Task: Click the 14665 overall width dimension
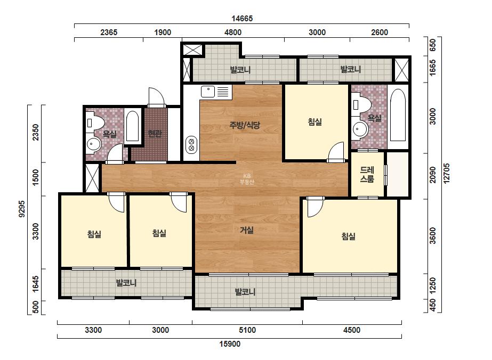tap(242, 19)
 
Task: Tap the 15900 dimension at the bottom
tap(230, 344)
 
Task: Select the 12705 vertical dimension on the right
tap(447, 173)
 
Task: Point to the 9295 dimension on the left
tap(22, 209)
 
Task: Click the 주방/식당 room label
tap(245, 125)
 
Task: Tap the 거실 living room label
tap(247, 230)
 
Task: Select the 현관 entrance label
tap(155, 134)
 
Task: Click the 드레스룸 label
tap(367, 175)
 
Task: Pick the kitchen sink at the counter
tap(208, 92)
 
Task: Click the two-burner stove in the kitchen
tap(191, 145)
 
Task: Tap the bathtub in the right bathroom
tap(398, 116)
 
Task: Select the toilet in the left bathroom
tap(93, 122)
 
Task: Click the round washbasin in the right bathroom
tap(360, 129)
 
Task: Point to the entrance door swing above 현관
tap(157, 97)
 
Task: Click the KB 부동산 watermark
tap(247, 179)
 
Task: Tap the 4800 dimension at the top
tap(233, 32)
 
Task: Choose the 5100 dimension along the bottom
tap(247, 330)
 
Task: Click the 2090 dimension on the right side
tap(433, 175)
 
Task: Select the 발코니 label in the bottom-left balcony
tap(126, 283)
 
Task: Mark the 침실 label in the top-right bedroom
tap(314, 121)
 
